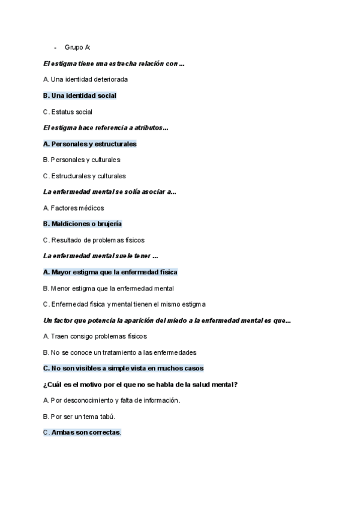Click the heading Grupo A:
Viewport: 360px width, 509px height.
coord(77,47)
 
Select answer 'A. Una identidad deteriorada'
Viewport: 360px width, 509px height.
coord(86,79)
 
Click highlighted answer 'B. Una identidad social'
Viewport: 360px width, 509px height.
coord(80,95)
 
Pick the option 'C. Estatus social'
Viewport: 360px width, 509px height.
coord(68,112)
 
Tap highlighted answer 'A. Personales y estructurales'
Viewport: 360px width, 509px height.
coord(90,144)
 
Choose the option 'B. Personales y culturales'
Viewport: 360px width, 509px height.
coord(82,160)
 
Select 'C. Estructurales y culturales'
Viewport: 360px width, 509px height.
coord(85,176)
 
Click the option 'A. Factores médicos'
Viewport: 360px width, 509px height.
coord(74,208)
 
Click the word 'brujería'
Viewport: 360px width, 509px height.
coord(109,224)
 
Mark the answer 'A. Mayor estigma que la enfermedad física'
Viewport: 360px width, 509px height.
coord(110,272)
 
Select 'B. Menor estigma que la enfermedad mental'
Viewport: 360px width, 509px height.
coord(109,288)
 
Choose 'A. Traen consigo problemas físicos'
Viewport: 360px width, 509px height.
coord(95,336)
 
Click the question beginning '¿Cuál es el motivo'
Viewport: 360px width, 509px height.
coord(140,384)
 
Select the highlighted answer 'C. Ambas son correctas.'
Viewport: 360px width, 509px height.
coord(82,432)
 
